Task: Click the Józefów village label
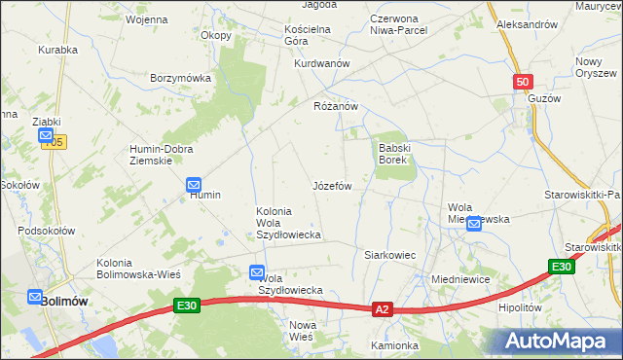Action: coord(332,185)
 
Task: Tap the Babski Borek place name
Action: coord(397,153)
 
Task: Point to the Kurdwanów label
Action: coord(322,63)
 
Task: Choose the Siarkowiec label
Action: coord(390,255)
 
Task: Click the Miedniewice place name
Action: coord(459,279)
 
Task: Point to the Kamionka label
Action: coord(394,345)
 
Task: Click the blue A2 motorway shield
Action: coord(383,309)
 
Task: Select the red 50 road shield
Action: coord(523,83)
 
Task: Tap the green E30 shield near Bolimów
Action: coord(188,306)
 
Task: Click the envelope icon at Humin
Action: coord(193,183)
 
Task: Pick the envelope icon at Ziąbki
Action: coord(46,137)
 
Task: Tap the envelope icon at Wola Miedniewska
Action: coord(473,225)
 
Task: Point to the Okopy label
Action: coord(216,36)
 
